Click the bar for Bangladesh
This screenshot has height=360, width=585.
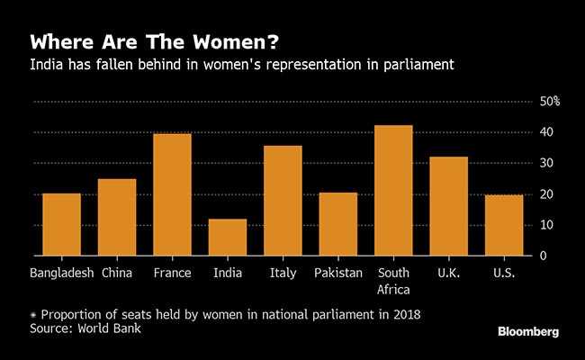[61, 225]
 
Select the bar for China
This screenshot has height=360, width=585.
[117, 218]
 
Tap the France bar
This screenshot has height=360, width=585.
[172, 194]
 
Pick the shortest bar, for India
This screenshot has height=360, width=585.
[227, 238]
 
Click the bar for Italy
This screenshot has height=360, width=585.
[283, 201]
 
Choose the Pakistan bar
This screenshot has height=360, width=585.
[337, 224]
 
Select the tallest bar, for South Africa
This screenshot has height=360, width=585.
[393, 191]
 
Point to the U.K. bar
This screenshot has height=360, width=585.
[448, 206]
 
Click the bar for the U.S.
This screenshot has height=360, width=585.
[504, 225]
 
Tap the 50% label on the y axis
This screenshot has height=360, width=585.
[550, 102]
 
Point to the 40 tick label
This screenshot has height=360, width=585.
[546, 132]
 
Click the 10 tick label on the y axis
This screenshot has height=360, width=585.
[546, 225]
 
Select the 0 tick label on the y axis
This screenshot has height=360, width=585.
[543, 256]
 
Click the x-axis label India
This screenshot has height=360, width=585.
[227, 273]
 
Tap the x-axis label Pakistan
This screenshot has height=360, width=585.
[337, 273]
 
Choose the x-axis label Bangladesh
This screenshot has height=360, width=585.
[61, 273]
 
